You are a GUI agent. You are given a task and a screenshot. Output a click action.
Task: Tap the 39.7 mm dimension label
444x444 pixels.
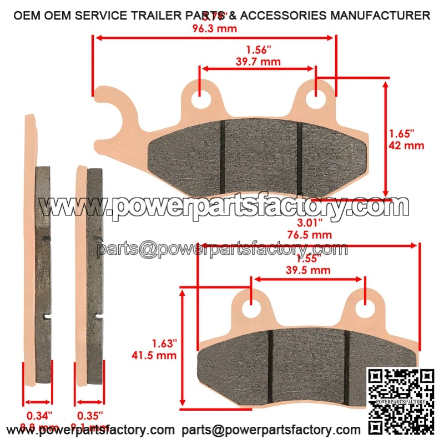click(258, 62)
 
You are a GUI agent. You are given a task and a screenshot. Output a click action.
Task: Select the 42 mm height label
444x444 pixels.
click(406, 145)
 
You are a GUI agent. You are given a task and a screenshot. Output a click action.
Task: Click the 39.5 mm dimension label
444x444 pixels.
click(308, 270)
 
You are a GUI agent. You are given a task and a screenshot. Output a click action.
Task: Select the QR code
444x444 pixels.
click(402, 401)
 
